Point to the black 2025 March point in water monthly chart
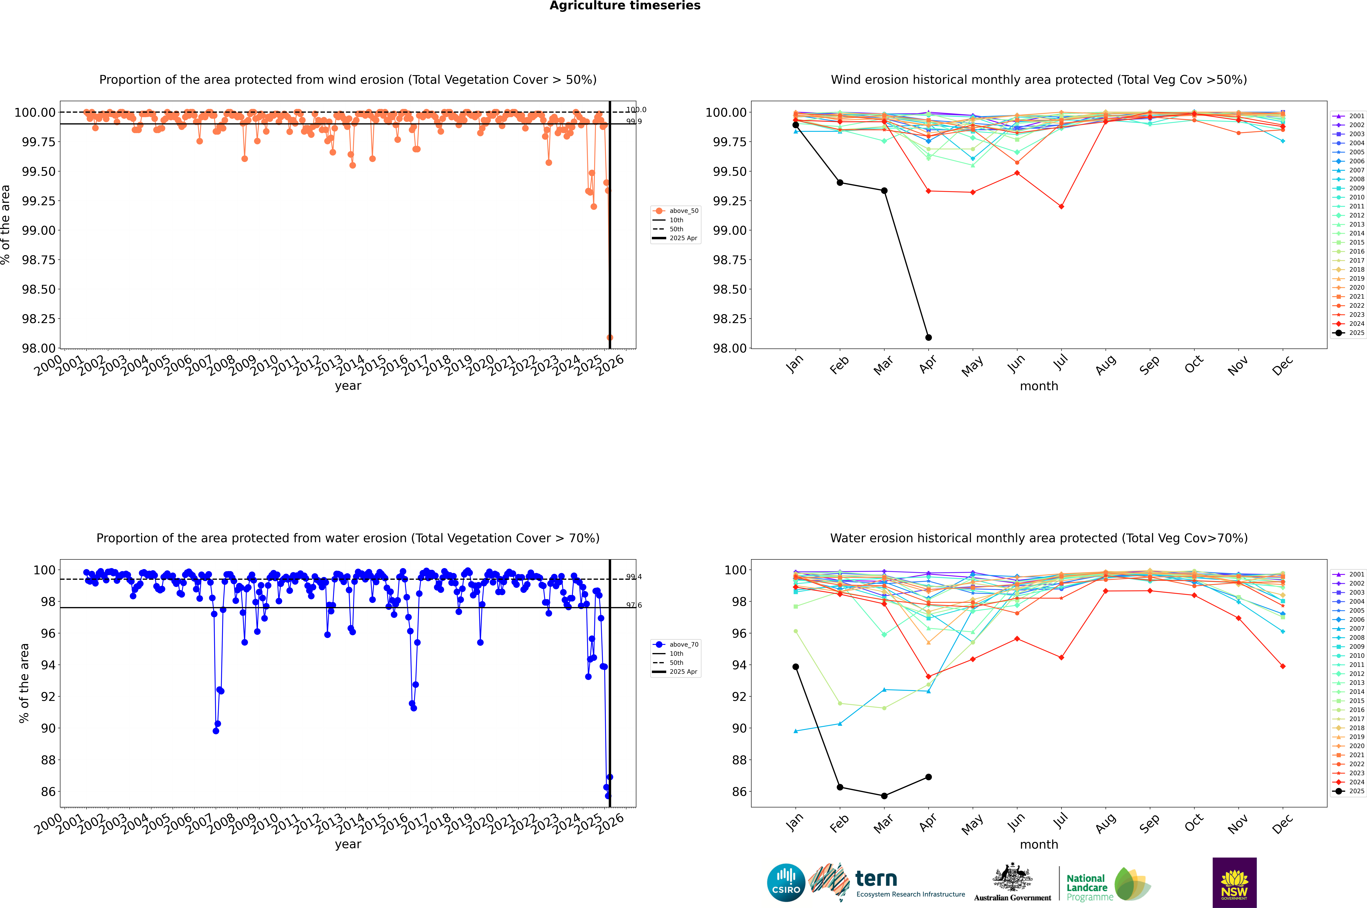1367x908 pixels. pyautogui.click(x=884, y=796)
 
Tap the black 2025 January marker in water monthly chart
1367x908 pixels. pyautogui.click(x=796, y=667)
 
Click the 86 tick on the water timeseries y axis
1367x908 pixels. pyautogui.click(x=48, y=792)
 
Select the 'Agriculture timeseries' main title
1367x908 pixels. pyautogui.click(x=625, y=6)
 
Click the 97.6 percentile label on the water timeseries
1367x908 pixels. pyautogui.click(x=633, y=605)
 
